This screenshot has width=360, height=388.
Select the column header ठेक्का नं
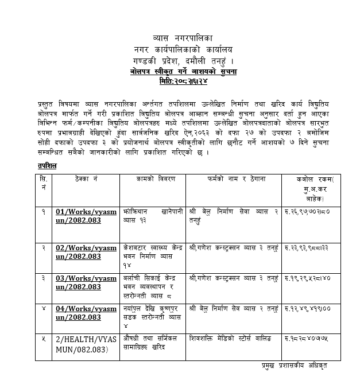coord(85,180)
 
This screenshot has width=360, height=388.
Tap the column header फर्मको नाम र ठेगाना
coord(236,180)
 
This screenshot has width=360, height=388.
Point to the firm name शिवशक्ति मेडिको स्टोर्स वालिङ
coord(235,339)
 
